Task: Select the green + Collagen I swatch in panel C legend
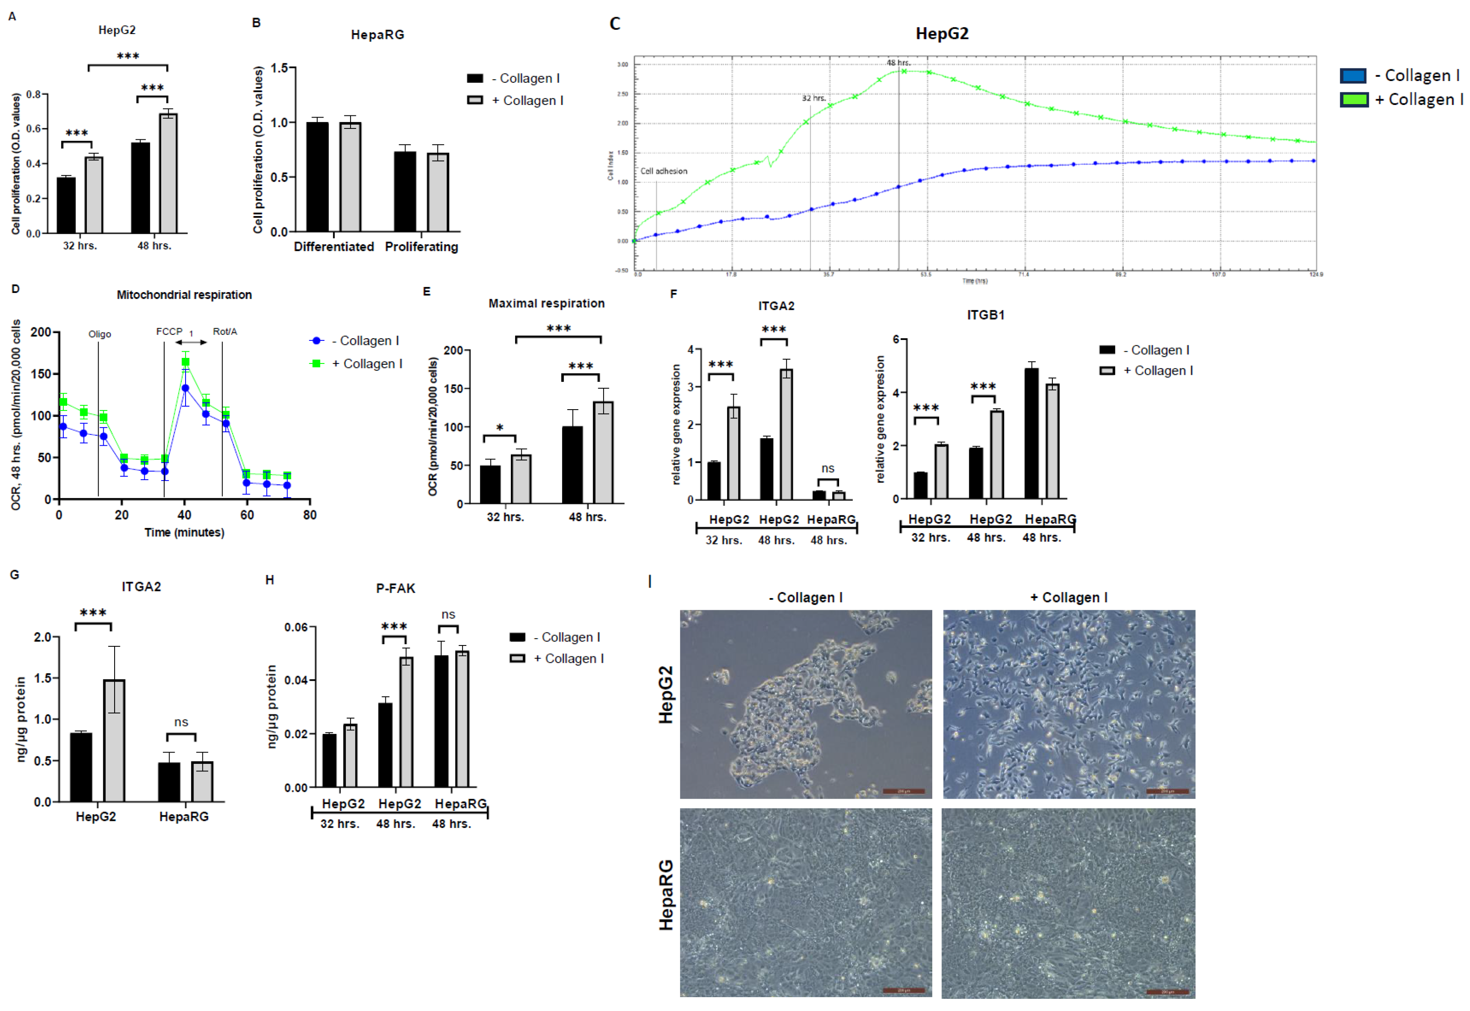(1353, 99)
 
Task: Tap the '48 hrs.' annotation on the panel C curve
(898, 63)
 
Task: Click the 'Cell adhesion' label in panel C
(663, 171)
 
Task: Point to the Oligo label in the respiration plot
(99, 334)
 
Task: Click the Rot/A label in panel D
(225, 331)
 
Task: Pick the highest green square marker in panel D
(186, 362)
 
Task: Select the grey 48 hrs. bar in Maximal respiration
(603, 452)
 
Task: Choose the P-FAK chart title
(395, 588)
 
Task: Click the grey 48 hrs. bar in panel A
(168, 173)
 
